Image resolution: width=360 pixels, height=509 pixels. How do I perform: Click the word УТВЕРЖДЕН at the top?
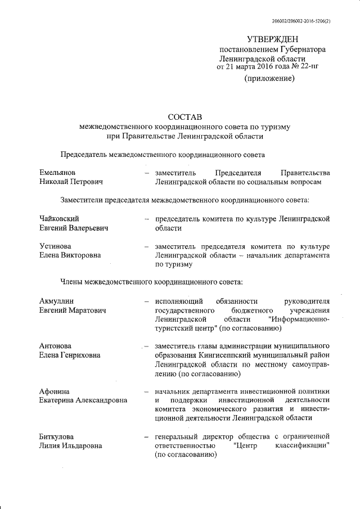273,39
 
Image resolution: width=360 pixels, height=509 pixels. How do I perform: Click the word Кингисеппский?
223,355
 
